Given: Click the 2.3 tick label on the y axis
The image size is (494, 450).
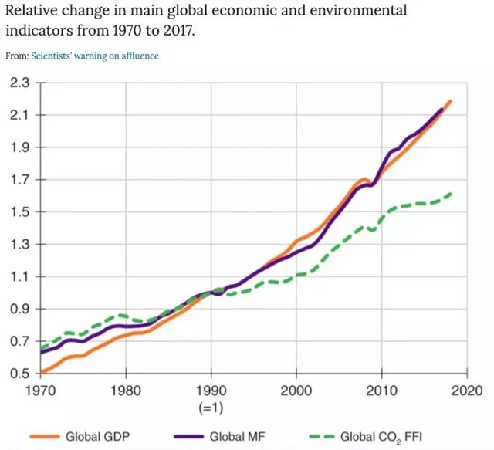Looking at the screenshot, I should click(x=19, y=83).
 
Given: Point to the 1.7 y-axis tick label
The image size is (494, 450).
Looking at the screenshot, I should click(x=19, y=180).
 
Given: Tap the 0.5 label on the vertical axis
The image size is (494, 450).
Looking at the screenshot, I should click(x=19, y=374).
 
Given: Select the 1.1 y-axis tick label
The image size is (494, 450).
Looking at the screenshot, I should click(x=19, y=277).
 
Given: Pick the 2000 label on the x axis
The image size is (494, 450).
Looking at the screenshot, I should click(x=296, y=391).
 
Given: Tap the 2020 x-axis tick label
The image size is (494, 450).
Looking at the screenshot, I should click(x=466, y=391).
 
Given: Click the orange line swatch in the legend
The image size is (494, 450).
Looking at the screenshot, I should click(x=46, y=437).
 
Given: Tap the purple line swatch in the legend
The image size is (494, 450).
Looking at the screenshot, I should click(x=190, y=437).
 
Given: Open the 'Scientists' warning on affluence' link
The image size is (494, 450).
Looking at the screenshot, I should click(x=93, y=56).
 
